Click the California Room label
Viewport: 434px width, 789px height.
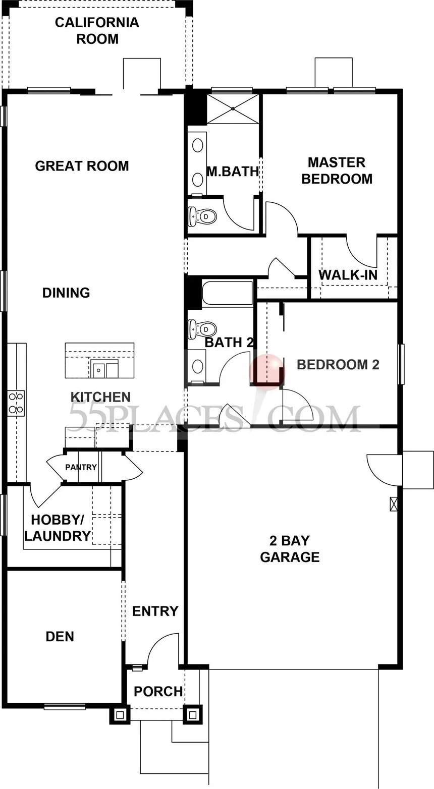[x=97, y=31]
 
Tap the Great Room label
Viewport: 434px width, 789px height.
[x=82, y=166]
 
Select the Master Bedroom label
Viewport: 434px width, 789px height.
[x=337, y=171]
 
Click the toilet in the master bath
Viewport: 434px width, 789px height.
[x=202, y=216]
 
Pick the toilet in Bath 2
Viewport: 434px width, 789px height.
[x=202, y=329]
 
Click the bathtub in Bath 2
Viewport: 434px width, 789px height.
[x=227, y=293]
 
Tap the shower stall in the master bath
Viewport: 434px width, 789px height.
[x=233, y=108]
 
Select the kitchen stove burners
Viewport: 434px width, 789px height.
[x=16, y=403]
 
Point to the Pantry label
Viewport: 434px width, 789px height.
[x=81, y=467]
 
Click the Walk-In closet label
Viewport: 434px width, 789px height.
[x=348, y=275]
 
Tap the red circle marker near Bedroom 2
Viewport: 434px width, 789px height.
[x=267, y=369]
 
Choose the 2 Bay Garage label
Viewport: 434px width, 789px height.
[x=290, y=548]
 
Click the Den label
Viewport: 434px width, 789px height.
[x=60, y=636]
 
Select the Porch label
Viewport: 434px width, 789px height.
[x=158, y=692]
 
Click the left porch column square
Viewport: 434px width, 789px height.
[x=120, y=715]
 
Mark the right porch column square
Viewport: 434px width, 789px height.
[x=192, y=715]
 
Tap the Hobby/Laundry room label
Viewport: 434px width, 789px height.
[x=58, y=528]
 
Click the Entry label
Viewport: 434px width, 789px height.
[x=155, y=611]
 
